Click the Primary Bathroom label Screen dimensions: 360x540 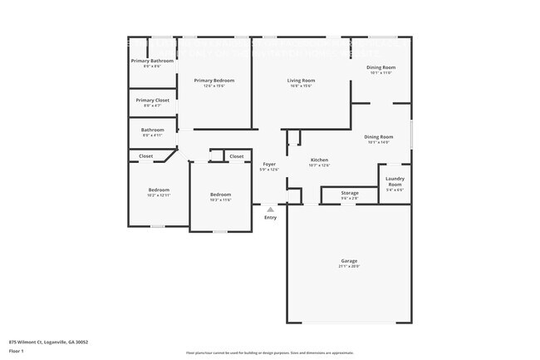[x=152, y=61]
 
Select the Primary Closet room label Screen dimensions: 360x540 [x=152, y=100]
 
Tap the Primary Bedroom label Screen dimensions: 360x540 [x=214, y=81]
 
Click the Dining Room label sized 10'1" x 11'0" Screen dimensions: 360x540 [x=380, y=67]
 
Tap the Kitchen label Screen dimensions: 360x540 [x=319, y=160]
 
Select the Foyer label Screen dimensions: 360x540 [x=269, y=164]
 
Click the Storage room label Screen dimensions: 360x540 [x=350, y=193]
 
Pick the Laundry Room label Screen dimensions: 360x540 [x=395, y=181]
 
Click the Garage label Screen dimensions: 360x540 [x=349, y=261]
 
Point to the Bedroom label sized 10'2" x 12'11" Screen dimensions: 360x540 [x=159, y=190]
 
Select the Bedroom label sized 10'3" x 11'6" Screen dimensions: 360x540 [x=220, y=195]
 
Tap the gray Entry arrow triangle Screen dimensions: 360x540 [x=270, y=210]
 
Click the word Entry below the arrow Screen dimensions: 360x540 [x=270, y=218]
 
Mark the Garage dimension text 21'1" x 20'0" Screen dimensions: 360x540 [x=349, y=267]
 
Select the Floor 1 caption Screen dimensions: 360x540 [x=17, y=351]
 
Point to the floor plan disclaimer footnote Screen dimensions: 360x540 [x=270, y=353]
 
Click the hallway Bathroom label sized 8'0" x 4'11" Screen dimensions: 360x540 [x=152, y=130]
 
